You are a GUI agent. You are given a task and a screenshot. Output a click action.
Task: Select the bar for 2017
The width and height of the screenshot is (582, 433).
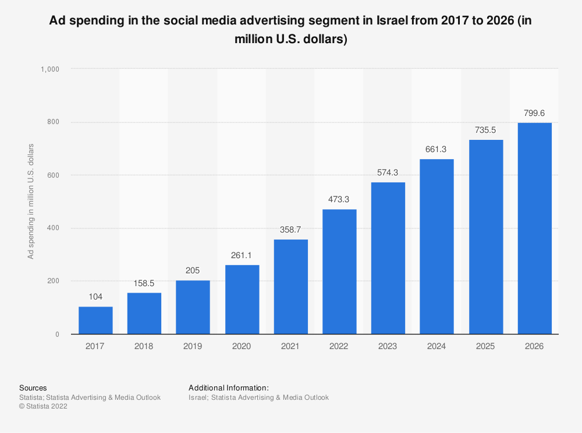pyautogui.click(x=95, y=321)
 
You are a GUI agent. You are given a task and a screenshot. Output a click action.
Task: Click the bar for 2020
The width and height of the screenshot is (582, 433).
pyautogui.click(x=242, y=300)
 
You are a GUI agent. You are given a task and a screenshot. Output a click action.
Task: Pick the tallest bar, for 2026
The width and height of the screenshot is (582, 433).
pyautogui.click(x=534, y=228)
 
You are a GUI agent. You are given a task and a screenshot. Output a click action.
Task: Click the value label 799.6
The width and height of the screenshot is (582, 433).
pyautogui.click(x=534, y=113)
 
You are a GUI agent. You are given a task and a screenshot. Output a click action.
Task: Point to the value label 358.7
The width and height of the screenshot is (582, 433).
pyautogui.click(x=290, y=230)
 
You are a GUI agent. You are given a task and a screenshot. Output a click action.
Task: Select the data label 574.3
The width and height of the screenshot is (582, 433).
pyautogui.click(x=388, y=173)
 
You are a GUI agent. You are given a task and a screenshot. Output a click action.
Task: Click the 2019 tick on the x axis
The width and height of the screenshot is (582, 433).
pyautogui.click(x=193, y=346)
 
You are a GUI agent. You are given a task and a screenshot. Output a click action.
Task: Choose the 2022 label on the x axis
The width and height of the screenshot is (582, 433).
pyautogui.click(x=339, y=346)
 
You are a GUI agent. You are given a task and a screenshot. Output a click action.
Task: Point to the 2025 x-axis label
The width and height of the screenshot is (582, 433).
pyautogui.click(x=485, y=346)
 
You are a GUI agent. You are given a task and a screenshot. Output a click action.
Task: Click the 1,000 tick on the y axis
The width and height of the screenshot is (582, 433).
pyautogui.click(x=50, y=69)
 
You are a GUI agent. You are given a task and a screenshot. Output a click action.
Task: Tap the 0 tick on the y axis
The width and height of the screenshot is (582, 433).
pyautogui.click(x=57, y=335)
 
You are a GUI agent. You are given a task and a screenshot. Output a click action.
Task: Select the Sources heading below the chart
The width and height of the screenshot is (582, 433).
pyautogui.click(x=33, y=388)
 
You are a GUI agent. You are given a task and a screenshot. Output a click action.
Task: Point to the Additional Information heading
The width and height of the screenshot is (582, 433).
pyautogui.click(x=229, y=388)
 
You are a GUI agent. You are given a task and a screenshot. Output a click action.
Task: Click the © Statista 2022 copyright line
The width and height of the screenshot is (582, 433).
pyautogui.click(x=43, y=407)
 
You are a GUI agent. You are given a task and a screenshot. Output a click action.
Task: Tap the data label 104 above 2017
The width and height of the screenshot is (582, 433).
pyautogui.click(x=95, y=297)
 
